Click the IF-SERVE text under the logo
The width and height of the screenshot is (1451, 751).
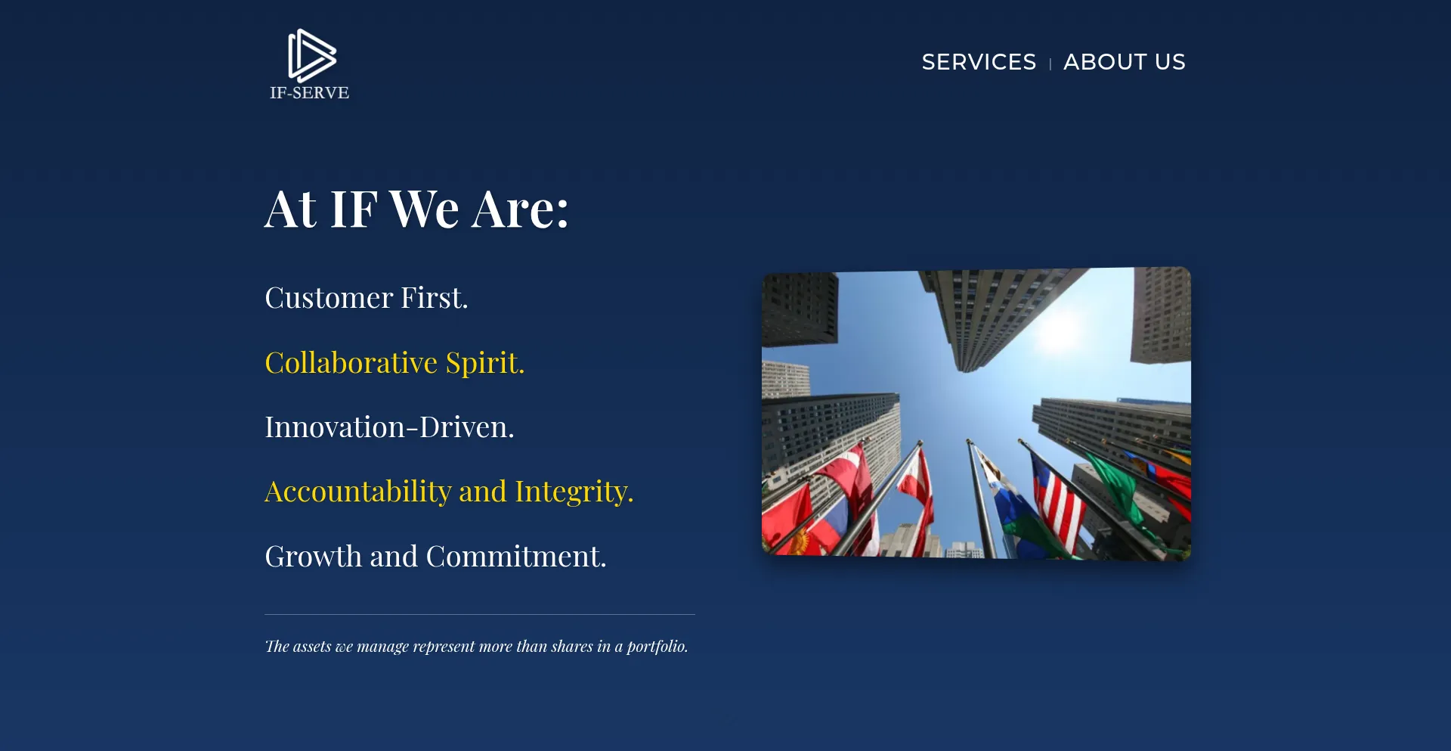[x=310, y=93]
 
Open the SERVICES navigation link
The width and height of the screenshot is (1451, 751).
[x=979, y=62]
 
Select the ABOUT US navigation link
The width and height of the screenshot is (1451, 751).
[x=1125, y=62]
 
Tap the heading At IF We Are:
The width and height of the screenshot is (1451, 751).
[x=416, y=209]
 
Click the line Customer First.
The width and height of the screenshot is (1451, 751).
[x=367, y=298]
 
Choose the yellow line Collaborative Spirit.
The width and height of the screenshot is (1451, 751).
[x=394, y=363]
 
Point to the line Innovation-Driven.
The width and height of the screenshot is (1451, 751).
[x=389, y=427]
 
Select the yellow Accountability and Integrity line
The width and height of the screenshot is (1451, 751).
[x=449, y=492]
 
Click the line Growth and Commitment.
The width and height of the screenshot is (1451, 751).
[x=435, y=557]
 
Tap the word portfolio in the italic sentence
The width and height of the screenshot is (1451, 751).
[x=657, y=647]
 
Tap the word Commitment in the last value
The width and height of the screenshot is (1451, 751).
[x=516, y=557]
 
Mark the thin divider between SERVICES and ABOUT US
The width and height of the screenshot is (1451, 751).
[x=1050, y=64]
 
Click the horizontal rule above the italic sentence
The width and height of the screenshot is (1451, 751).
[x=480, y=614]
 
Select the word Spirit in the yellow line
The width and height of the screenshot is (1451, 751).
[x=485, y=363]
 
